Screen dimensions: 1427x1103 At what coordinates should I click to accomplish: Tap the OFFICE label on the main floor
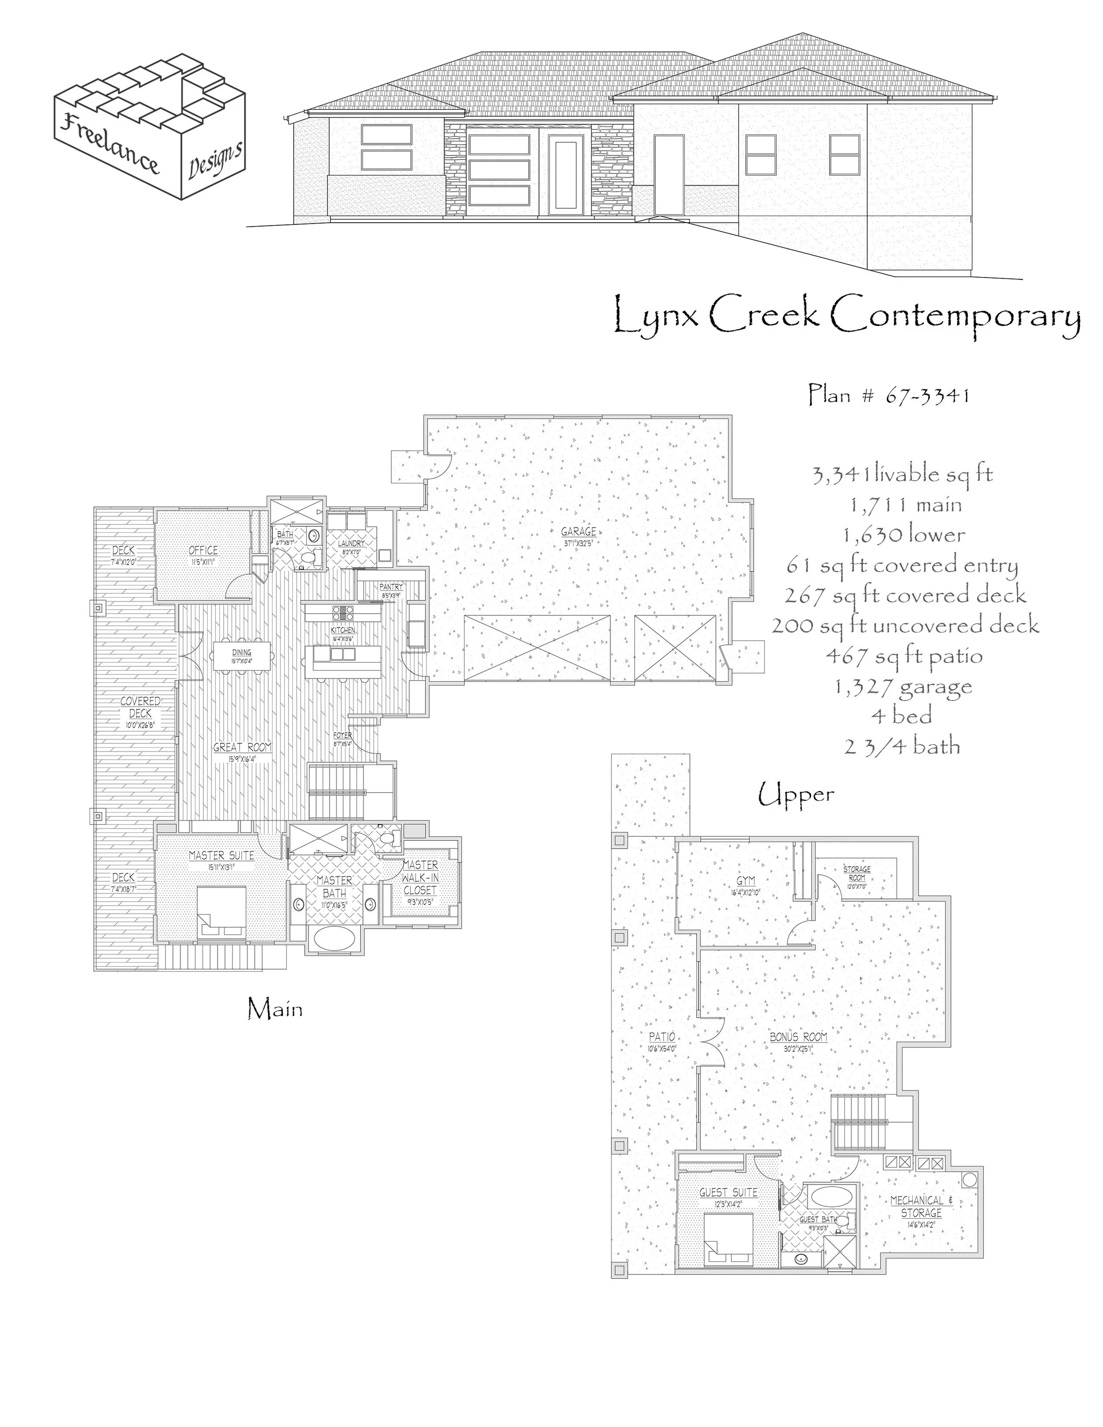pos(203,551)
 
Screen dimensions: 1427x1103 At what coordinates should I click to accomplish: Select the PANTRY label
pos(391,587)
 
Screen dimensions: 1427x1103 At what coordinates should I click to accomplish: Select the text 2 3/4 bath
pos(902,746)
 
